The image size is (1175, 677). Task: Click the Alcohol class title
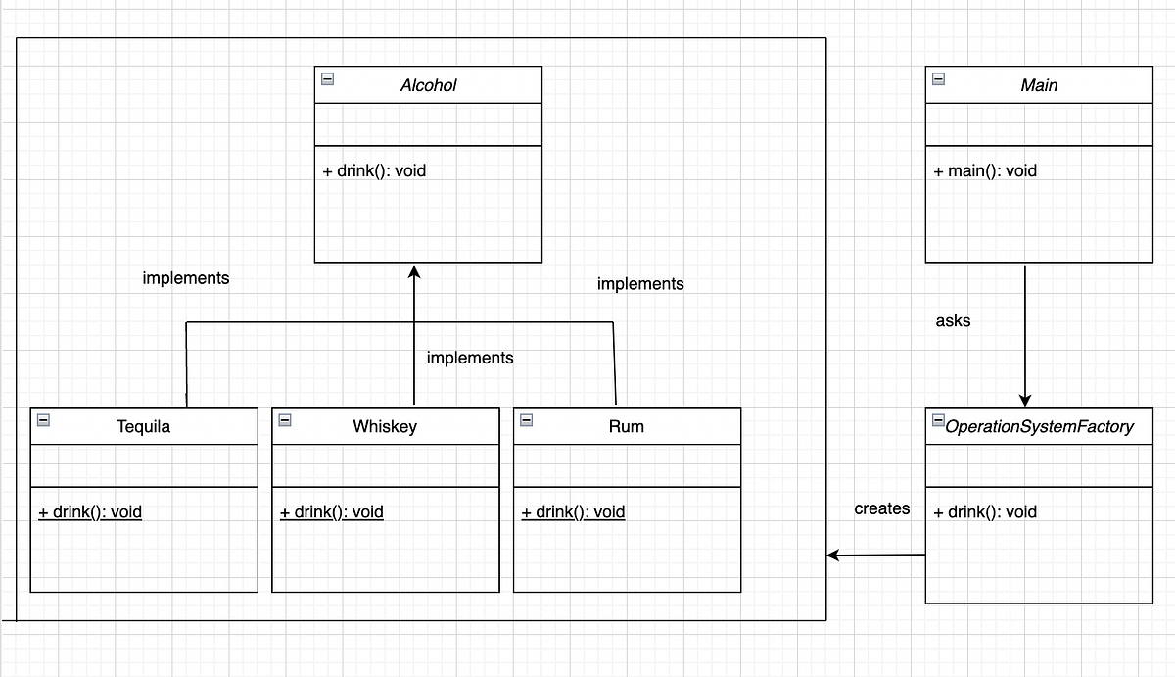tap(428, 85)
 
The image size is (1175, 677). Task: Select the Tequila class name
tap(143, 426)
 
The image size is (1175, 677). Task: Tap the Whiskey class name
tap(385, 426)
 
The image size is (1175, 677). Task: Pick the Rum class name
tap(627, 426)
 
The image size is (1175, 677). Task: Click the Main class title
tap(1039, 85)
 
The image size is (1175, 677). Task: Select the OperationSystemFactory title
tap(1039, 426)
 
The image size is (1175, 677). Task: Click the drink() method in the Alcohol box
tap(374, 170)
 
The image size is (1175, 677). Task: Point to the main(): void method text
tap(985, 170)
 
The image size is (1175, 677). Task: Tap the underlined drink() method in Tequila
tap(90, 511)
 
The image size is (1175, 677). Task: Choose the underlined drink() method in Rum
tap(573, 511)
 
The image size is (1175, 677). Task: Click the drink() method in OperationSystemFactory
tap(985, 511)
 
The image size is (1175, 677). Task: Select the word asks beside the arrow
tap(953, 320)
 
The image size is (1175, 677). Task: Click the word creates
tap(881, 508)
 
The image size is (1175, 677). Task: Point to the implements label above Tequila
tap(186, 278)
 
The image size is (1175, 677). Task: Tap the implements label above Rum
tap(640, 284)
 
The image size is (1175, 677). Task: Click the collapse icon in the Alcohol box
tap(328, 79)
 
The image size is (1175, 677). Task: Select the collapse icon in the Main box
tap(939, 79)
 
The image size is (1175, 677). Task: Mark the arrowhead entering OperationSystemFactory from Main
tap(1025, 400)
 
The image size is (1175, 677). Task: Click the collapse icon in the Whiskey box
tap(285, 420)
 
